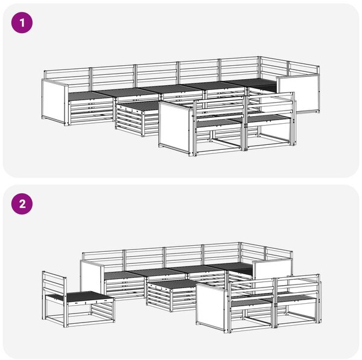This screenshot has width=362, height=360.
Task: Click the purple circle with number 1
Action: click(22, 22)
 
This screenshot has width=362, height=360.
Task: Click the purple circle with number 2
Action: click(22, 204)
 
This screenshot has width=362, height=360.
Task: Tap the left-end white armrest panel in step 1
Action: click(54, 102)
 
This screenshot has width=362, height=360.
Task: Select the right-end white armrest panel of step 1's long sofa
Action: click(298, 94)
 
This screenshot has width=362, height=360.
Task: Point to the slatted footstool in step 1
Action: click(138, 118)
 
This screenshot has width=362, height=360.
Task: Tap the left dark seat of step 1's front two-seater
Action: click(217, 123)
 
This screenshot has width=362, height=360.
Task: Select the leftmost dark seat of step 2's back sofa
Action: click(121, 275)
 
